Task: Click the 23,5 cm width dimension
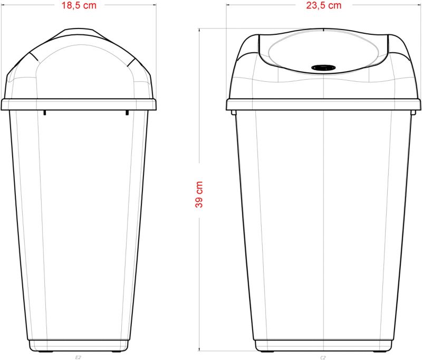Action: click(x=323, y=6)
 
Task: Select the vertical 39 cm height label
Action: click(x=199, y=194)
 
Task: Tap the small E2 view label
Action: click(x=78, y=357)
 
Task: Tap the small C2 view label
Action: click(x=323, y=357)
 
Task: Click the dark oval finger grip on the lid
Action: click(x=323, y=68)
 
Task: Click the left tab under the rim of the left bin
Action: click(x=45, y=112)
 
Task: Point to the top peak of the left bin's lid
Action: click(x=79, y=30)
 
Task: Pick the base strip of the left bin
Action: click(x=79, y=346)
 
